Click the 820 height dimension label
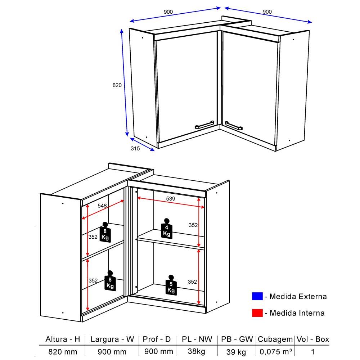point(117,85)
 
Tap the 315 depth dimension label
point(135,149)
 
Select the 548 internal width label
point(102,206)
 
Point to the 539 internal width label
point(171,199)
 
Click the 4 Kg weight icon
point(167,229)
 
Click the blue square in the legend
point(257,296)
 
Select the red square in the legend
point(257,313)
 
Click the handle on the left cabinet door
point(204,125)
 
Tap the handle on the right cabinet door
point(234,126)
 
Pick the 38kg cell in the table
point(197,351)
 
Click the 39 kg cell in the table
point(236,352)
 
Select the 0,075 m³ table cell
point(276,351)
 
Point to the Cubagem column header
point(275,339)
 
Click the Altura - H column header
point(63,339)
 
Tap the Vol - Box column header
point(313,339)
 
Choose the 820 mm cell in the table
point(63,352)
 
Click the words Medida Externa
point(298,296)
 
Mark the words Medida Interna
point(297,313)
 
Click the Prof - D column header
point(157,339)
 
